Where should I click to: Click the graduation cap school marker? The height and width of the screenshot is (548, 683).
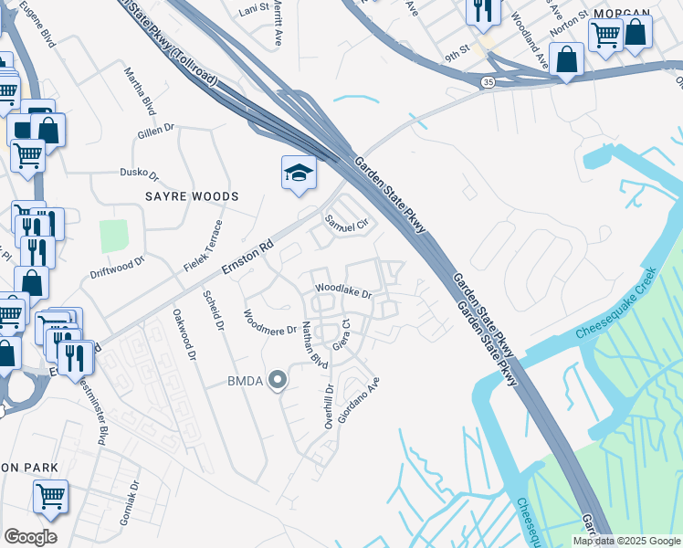[x=299, y=174]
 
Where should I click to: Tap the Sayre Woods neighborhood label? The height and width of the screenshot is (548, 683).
[x=191, y=196]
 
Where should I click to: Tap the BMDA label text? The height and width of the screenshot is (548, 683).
[x=246, y=381]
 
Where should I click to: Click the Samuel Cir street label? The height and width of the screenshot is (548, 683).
[x=347, y=222]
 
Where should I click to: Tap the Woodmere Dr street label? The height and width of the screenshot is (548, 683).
[x=269, y=322]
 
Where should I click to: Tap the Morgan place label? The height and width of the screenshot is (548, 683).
[x=622, y=14]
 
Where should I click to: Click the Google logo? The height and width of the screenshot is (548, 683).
[x=30, y=537]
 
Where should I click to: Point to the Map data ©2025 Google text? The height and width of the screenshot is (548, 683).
[x=625, y=541]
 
